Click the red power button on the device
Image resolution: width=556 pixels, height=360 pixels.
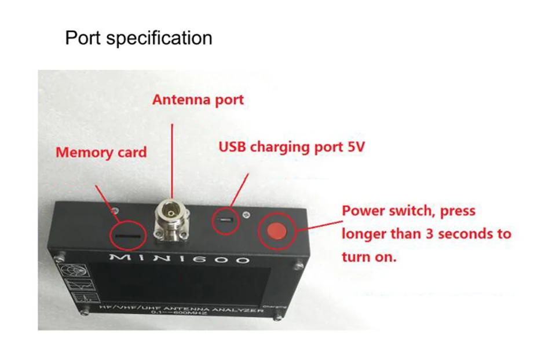coord(276,231)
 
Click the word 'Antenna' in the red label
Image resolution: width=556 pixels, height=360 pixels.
coord(175,100)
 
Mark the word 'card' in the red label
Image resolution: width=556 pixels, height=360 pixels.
coord(131,153)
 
